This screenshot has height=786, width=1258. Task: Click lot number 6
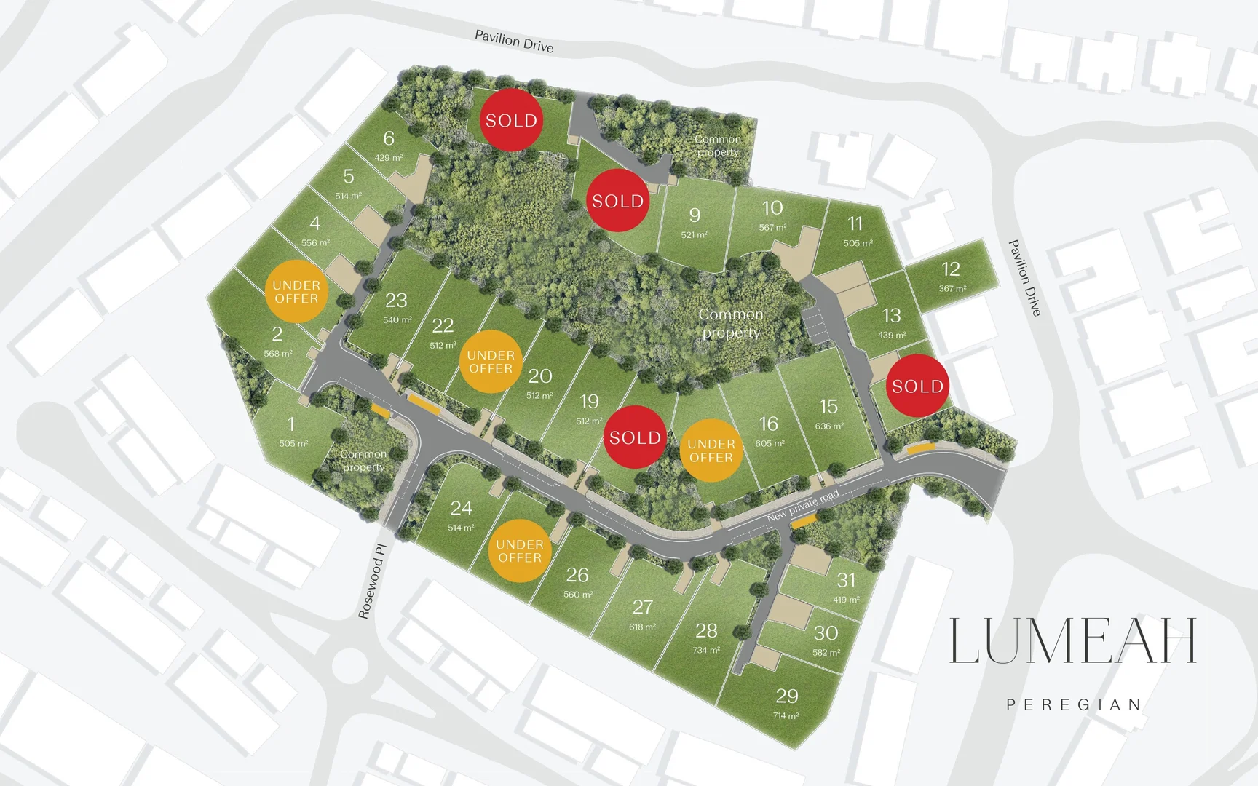[389, 138]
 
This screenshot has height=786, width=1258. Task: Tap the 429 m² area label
[389, 158]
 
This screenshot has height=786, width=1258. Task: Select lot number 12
[951, 269]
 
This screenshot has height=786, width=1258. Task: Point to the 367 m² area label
[952, 289]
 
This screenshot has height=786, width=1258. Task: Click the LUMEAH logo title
[1072, 641]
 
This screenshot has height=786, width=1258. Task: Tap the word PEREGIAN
[1073, 704]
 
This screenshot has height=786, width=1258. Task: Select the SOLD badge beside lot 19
[635, 437]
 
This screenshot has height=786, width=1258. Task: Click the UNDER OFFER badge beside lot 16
[711, 450]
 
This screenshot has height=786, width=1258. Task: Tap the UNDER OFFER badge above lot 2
[296, 292]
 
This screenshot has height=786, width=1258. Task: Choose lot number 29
[786, 696]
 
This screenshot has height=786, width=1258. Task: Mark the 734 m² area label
[706, 650]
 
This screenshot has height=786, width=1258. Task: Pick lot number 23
[396, 301]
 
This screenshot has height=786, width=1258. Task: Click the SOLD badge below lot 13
[917, 386]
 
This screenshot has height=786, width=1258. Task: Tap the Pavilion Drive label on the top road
[514, 41]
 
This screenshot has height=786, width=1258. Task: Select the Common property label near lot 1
[363, 461]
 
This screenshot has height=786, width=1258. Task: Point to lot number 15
[828, 406]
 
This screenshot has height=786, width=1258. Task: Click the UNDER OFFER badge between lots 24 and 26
[519, 551]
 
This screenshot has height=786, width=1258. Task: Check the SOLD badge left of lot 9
[617, 201]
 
